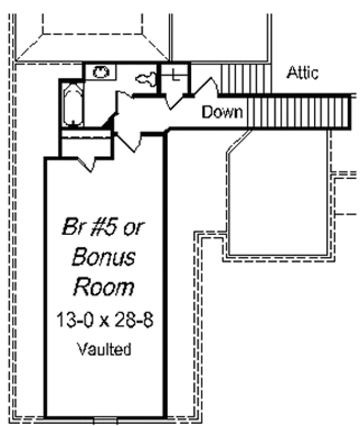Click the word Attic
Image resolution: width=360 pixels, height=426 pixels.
(302, 73)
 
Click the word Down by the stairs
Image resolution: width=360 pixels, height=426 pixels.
(222, 112)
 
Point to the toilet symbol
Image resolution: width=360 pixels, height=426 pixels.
(146, 77)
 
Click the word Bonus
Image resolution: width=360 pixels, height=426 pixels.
(103, 257)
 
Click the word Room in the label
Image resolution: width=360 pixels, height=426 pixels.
(103, 287)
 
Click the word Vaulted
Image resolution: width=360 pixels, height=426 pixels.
(104, 349)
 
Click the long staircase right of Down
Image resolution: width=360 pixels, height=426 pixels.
(298, 112)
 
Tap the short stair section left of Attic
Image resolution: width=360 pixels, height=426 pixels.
(233, 78)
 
